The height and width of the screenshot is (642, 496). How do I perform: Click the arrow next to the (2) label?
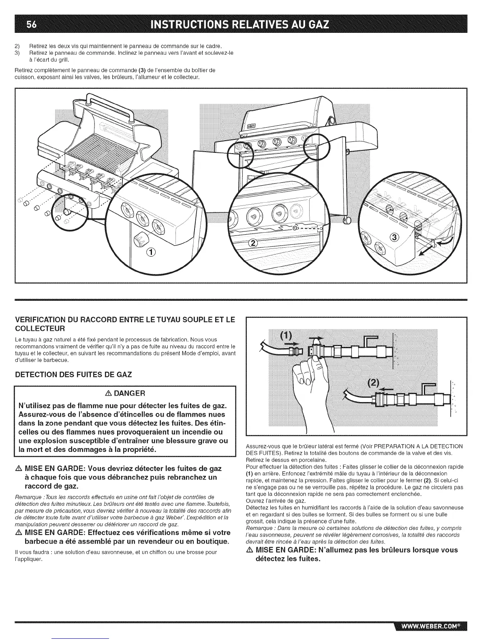click(x=388, y=388)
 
